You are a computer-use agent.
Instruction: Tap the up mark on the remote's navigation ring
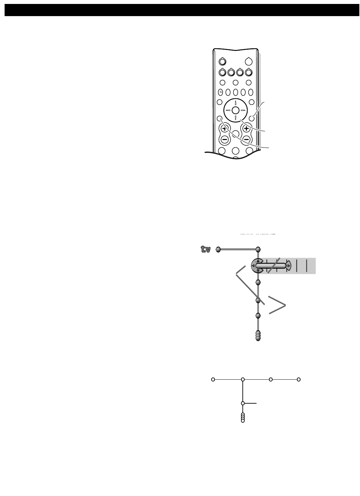coord(235,103)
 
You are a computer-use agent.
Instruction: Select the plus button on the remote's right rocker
coord(246,129)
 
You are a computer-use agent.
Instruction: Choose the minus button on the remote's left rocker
coord(225,139)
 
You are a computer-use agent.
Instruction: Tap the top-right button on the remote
coord(249,61)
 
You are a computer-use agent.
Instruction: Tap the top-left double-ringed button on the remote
coord(222,61)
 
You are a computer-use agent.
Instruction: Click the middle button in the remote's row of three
coord(235,83)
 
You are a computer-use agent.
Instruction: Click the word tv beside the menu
coord(206,249)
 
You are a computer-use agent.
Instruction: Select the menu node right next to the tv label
coord(218,249)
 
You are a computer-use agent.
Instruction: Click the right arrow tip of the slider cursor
coord(289,266)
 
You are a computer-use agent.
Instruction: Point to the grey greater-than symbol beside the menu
coord(277,305)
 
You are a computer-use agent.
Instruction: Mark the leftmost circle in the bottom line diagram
coord(213,380)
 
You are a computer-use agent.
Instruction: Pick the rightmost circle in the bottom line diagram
coord(299,380)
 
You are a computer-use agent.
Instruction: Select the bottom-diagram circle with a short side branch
coord(243,403)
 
